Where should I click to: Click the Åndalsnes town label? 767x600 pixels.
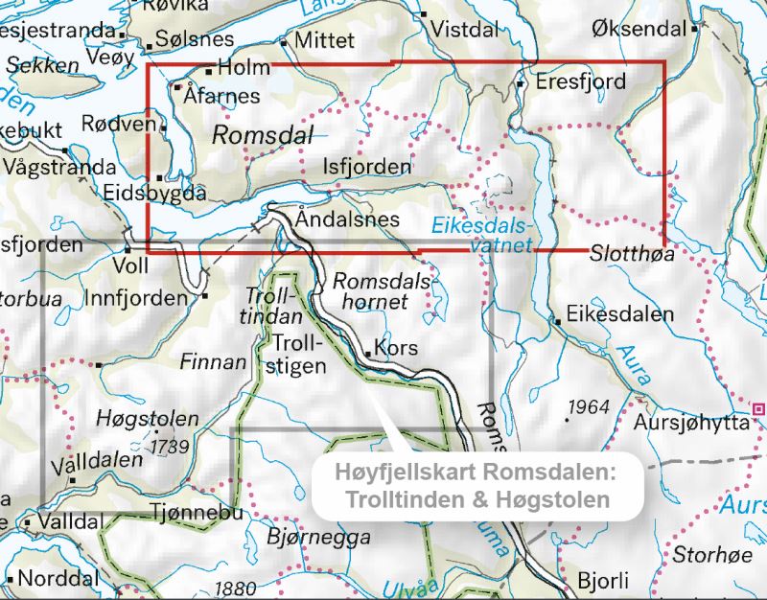(347, 219)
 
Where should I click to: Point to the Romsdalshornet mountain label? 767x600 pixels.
(370, 291)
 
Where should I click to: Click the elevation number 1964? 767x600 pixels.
(588, 407)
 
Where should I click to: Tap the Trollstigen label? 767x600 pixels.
(299, 353)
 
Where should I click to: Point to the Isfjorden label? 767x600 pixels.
(367, 167)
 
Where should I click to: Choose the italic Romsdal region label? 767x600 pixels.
(262, 135)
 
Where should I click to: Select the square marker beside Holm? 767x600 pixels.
(209, 70)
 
